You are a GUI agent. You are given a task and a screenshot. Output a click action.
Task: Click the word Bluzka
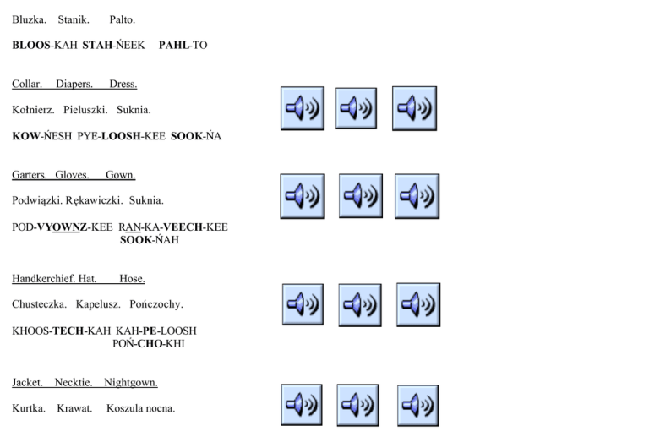pos(29,19)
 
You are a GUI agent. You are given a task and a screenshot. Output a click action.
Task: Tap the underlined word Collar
pos(29,85)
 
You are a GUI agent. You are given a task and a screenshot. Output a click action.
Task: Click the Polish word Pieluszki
pos(84,110)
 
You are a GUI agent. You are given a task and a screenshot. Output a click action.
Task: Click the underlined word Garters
pos(30,175)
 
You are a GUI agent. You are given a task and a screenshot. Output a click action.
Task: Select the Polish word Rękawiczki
pos(93,200)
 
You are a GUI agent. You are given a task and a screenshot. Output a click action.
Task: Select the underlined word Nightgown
pos(131,383)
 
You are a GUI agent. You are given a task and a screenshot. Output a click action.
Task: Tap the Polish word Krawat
pos(74,409)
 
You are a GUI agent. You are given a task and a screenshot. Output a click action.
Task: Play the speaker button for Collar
pos(302,108)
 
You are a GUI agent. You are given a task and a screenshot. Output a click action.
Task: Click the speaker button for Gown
pos(417,195)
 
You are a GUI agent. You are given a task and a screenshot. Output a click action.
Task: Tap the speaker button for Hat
pos(360,305)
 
